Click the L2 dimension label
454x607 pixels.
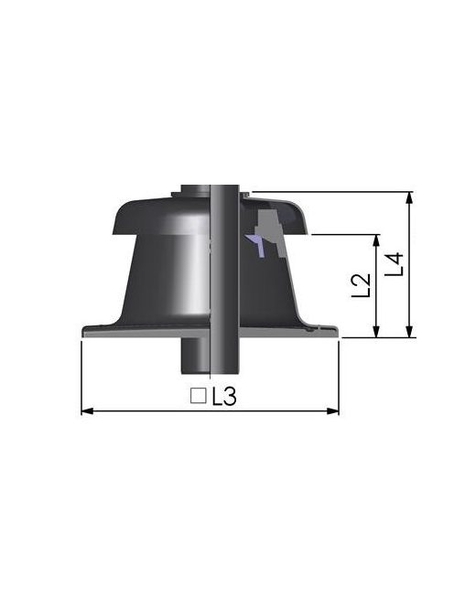[362, 285]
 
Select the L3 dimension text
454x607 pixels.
[224, 397]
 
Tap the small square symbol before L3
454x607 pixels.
[197, 396]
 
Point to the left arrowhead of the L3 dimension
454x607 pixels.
[86, 411]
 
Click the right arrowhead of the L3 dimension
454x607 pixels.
[334, 411]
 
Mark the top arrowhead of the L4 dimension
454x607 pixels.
[410, 197]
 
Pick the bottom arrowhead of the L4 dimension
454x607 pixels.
[410, 333]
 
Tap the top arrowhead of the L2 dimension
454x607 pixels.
[376, 240]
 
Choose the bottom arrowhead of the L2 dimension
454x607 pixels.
[376, 333]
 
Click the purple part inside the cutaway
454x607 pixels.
[256, 242]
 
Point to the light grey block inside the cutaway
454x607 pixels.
[268, 222]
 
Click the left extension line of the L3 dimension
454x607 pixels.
[81, 375]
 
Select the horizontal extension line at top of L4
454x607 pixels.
[330, 192]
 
